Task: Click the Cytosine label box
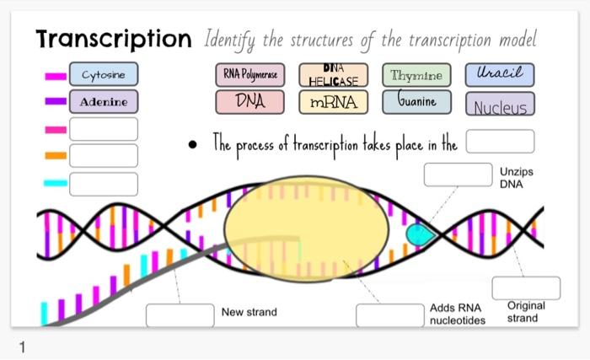103,75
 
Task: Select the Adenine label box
103,102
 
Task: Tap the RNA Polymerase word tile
249,75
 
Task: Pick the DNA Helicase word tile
333,75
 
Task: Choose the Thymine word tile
416,75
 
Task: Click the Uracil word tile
499,75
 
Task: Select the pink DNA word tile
249,102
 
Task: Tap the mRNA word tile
333,103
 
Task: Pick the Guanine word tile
416,102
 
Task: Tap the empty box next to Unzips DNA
457,175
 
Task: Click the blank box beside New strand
180,314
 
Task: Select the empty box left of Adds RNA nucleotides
389,314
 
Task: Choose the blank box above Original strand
526,287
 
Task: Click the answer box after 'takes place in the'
500,141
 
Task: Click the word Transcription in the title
114,39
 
